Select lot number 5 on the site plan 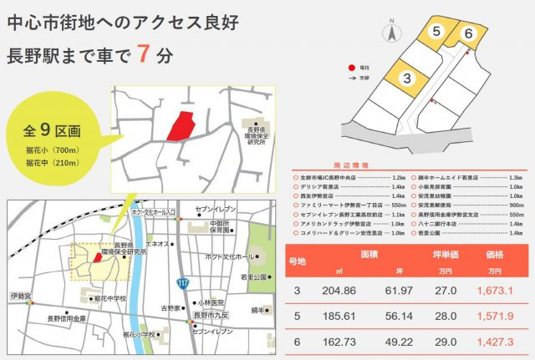coord(436,31)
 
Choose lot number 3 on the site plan coord(406,79)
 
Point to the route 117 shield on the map coord(183,282)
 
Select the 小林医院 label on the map coord(209,303)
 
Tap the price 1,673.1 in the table coord(496,290)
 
